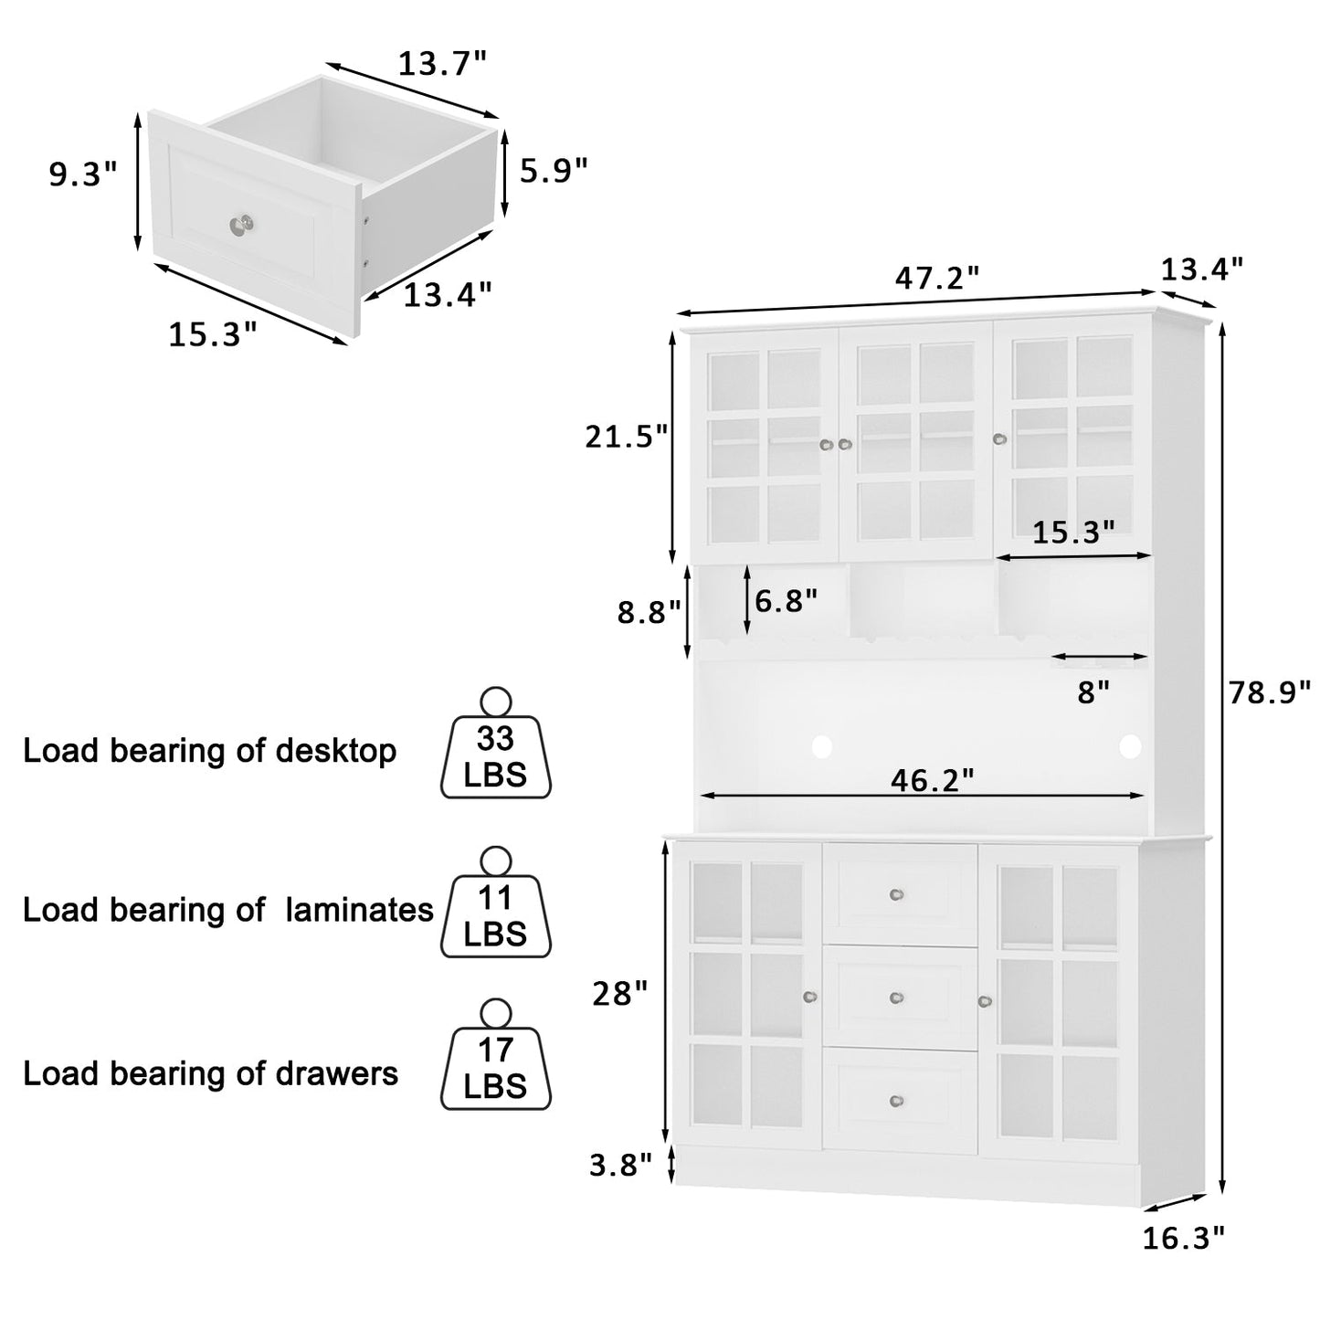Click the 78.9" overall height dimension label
(1269, 692)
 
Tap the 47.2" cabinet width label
(937, 278)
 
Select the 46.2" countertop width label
(932, 779)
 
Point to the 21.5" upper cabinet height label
(626, 437)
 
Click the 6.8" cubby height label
(786, 601)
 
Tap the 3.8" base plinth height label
(620, 1165)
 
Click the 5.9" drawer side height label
(554, 171)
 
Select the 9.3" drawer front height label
(83, 174)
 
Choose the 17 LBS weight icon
(495, 1054)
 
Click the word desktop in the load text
(335, 752)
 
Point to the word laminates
(360, 910)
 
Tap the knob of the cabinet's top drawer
(897, 894)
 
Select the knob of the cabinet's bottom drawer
(897, 1100)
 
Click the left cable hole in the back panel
(821, 746)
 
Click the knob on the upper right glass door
(999, 438)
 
